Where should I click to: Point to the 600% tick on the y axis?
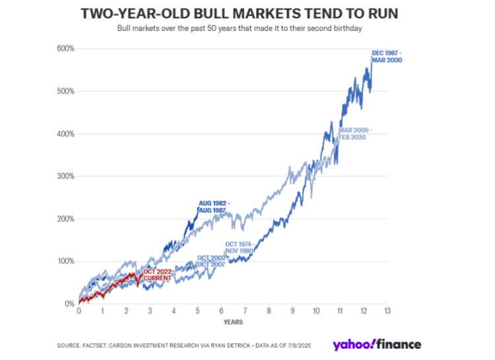point(64,49)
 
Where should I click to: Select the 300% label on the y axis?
point(64,176)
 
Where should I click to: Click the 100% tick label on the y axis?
point(64,262)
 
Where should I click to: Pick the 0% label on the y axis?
point(68,304)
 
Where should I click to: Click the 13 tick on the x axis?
point(387,311)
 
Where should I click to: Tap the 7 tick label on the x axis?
point(245,311)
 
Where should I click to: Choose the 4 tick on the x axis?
point(174,311)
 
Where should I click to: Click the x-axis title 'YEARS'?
point(232,322)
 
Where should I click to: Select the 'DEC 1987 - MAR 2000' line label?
point(387,55)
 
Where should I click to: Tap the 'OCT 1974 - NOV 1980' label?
point(239,248)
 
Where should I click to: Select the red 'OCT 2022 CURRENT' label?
point(157,275)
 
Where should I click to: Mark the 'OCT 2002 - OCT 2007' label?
point(213,261)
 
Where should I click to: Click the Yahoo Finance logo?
point(377,343)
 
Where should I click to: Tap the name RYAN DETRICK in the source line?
point(236,345)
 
